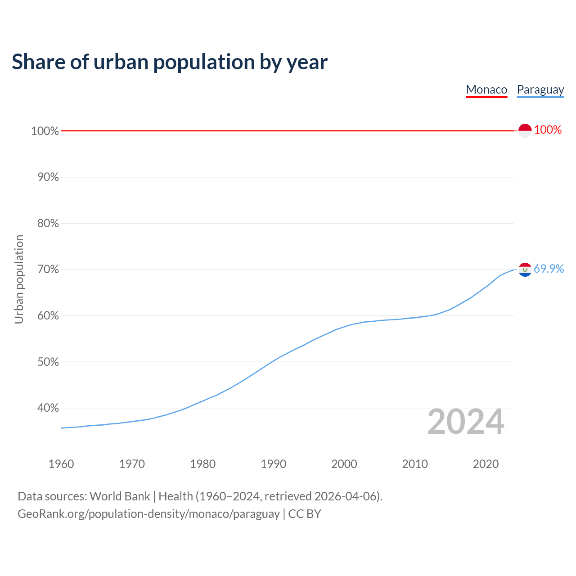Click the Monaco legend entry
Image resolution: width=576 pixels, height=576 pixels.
[x=486, y=90]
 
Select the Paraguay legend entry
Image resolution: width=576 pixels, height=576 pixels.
[x=540, y=90]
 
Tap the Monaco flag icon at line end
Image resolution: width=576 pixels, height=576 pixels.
[x=525, y=130]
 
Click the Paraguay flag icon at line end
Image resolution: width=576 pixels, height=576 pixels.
[x=525, y=270]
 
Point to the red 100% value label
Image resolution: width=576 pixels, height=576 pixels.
[x=548, y=130]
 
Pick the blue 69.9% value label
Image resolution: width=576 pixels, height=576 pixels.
[x=549, y=269]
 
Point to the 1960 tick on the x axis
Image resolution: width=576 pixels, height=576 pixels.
[x=61, y=464]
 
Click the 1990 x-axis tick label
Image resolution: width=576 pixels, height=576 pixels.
[x=273, y=464]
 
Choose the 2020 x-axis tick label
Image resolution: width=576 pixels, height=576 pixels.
[x=486, y=464]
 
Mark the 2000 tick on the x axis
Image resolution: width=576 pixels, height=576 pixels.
[x=344, y=464]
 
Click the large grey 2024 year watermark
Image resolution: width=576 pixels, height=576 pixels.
[x=466, y=422]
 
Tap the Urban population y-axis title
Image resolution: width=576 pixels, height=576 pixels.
[x=19, y=279]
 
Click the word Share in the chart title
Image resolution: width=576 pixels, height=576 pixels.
[x=38, y=62]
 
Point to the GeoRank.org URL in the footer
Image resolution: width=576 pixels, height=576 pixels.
[x=148, y=514]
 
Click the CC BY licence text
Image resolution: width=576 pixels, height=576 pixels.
[x=305, y=514]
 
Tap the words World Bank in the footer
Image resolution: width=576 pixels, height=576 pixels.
[x=120, y=496]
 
